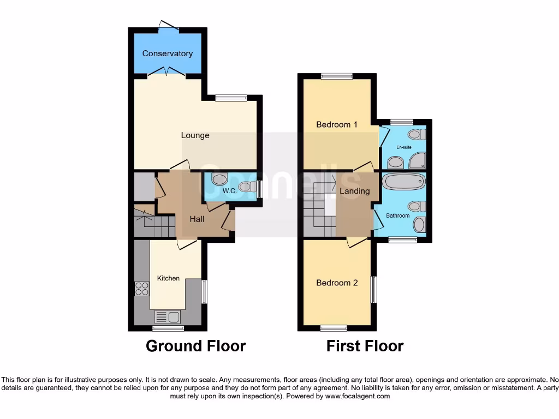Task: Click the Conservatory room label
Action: tap(167, 53)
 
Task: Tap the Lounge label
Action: tap(195, 135)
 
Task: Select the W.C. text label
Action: tap(228, 191)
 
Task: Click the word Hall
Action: tap(197, 219)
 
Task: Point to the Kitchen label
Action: tap(168, 278)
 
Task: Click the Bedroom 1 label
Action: tap(337, 124)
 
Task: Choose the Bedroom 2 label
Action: tap(337, 283)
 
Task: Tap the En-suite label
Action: tap(404, 147)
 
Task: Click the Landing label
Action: tap(354, 191)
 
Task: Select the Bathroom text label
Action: tap(398, 216)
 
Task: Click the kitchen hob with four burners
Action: tap(142, 289)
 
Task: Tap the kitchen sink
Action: tap(168, 316)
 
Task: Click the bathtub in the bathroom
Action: tap(403, 181)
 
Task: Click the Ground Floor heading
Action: tap(195, 346)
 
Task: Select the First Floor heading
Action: tap(365, 346)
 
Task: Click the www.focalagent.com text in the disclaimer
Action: tap(357, 396)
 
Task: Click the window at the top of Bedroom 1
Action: tap(336, 76)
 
